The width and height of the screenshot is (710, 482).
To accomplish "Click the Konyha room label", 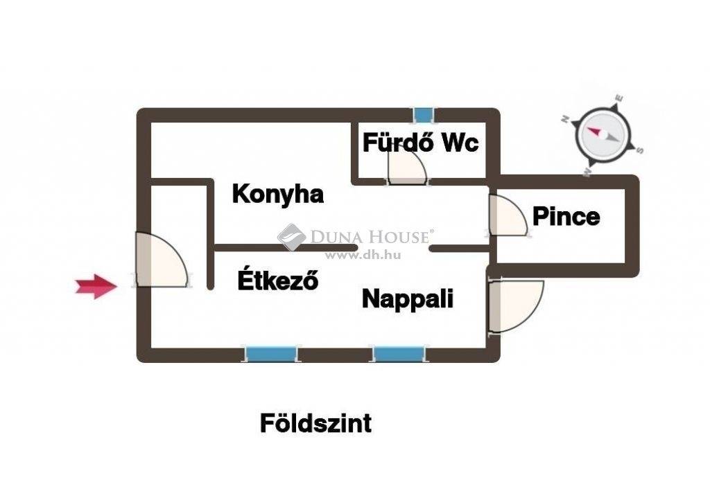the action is pos(277,195).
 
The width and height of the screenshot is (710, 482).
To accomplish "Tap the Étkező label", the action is pos(278,280).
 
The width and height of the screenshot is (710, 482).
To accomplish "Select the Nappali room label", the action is pos(408,299).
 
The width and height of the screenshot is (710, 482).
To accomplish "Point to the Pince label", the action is pos(566,216).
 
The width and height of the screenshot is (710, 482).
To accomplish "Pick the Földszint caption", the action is pos(315,423).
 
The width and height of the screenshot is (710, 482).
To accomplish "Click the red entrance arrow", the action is pos(96,287).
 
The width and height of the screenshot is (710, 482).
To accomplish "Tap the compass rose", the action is pos(605,136).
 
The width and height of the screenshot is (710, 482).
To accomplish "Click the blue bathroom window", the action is pos(424,115).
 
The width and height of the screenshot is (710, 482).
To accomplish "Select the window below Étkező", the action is pos(271,354).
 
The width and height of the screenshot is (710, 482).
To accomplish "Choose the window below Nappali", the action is pos(399,354).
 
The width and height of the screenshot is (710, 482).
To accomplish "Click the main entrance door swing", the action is pos(162,260).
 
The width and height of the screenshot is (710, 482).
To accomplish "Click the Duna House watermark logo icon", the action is pos(292,237).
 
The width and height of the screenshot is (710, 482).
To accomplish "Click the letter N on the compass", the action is pos(565,119).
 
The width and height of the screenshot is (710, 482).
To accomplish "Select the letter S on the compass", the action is pos(639,150).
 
